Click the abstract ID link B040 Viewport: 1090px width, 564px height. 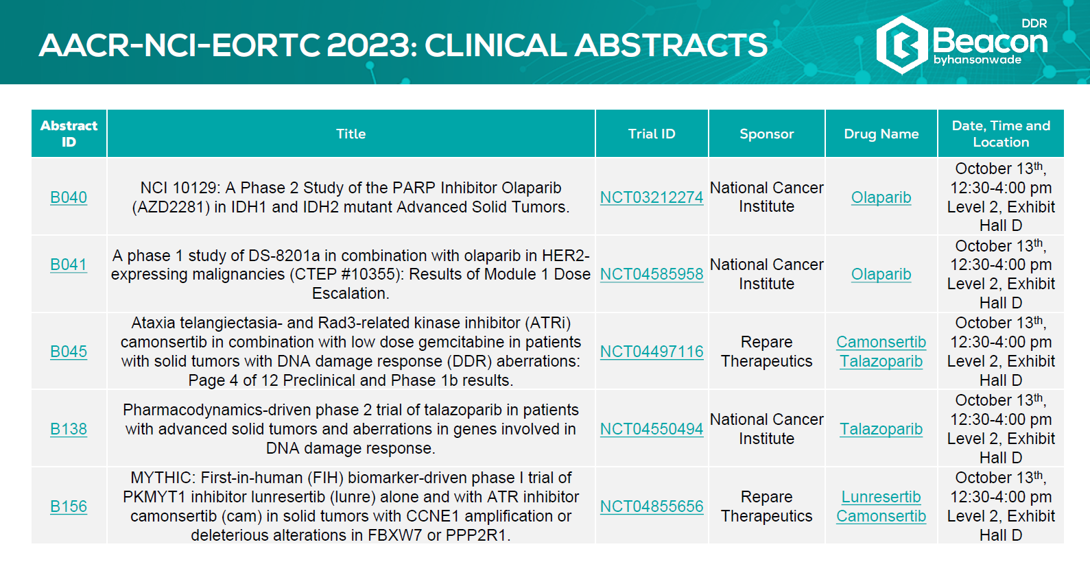click(69, 197)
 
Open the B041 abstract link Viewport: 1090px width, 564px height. click(69, 265)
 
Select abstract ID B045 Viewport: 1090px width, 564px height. click(69, 352)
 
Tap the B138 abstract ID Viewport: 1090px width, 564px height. click(69, 429)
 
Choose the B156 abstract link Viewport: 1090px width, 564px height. click(69, 506)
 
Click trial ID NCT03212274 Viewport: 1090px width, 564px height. click(652, 197)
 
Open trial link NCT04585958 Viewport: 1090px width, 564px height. click(652, 274)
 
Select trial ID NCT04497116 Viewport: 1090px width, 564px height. click(652, 352)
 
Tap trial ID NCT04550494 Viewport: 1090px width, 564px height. click(652, 429)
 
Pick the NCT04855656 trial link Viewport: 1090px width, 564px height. click(652, 506)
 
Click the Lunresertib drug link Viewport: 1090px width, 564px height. click(881, 497)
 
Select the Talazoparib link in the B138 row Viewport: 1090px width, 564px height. click(881, 429)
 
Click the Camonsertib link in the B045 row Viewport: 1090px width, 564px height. click(881, 342)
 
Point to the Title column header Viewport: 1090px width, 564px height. click(351, 134)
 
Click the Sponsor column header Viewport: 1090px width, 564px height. click(767, 134)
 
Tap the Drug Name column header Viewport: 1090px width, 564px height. click(881, 134)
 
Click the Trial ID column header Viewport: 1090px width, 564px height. click(652, 134)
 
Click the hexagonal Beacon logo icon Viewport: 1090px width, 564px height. click(901, 45)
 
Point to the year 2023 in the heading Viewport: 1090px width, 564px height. click(372, 45)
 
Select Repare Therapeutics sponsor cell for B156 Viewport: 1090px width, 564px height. click(767, 506)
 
